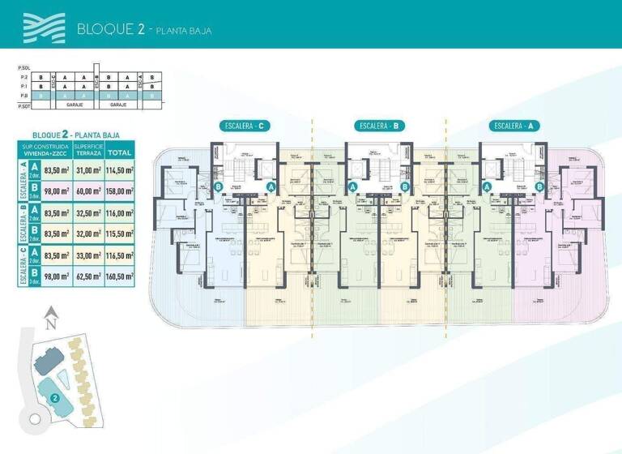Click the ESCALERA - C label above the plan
(245, 126)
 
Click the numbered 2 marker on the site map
(54, 398)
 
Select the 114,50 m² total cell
(120, 169)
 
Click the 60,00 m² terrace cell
(87, 191)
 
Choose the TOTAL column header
(120, 152)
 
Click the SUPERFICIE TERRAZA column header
(87, 151)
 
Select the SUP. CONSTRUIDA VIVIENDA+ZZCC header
(45, 151)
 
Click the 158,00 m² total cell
(120, 191)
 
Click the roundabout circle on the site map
(34, 418)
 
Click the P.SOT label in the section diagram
(24, 105)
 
